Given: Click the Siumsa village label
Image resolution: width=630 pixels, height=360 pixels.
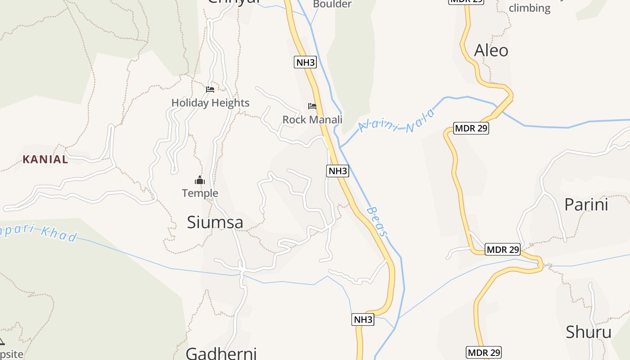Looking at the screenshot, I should coord(215,222).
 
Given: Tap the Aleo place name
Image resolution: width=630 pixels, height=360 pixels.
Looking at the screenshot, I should coord(491,50).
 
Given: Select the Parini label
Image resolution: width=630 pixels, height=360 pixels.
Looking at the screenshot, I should coord(586,205).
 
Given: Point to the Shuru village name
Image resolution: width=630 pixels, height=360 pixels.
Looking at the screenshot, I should coord(588,333).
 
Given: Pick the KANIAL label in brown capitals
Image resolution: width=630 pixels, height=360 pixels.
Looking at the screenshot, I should coord(45,159).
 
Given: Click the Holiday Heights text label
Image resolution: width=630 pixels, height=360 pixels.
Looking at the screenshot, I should coord(210,103).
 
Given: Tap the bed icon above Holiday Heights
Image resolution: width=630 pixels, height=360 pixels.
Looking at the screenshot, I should coord(210,90).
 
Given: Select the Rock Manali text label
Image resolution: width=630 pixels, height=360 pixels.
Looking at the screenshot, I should coord(312,120).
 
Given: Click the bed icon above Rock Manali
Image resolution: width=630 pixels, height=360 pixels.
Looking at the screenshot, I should coord(312,106).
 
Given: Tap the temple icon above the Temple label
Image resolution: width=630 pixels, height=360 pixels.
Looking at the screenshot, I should coord(200,181).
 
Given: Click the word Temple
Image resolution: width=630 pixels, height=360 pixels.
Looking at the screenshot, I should coord(200,193).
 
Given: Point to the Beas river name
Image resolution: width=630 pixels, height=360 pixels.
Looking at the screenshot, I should coord(377,221).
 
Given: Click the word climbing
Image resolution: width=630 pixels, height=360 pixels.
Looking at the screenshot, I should coord(529,8).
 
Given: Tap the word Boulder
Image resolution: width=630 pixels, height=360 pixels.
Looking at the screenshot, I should coord(332,4).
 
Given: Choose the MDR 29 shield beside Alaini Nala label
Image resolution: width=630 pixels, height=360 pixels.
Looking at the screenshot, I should coord(471,129).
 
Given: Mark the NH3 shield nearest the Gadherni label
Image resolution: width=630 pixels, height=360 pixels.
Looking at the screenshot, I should coord(363,320).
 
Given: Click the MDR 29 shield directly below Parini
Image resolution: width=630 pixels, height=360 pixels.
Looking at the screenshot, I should coord(503,249).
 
